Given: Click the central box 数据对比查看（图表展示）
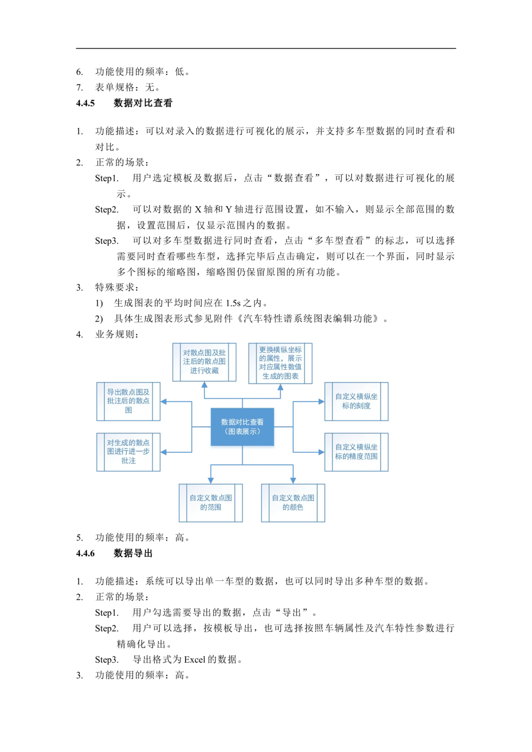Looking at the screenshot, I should click(x=243, y=427).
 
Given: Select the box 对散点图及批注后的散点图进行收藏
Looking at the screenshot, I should click(x=204, y=362).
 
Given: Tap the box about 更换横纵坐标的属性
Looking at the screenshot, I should click(x=280, y=363).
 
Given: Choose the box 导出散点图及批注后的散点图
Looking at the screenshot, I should click(x=128, y=401).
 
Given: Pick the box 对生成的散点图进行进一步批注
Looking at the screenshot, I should click(x=128, y=452).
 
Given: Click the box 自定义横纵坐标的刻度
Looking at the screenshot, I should click(x=356, y=401).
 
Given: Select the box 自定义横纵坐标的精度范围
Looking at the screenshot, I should click(x=356, y=452).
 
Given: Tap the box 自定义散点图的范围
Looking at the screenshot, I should click(x=211, y=502).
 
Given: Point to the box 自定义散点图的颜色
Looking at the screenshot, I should click(x=293, y=502).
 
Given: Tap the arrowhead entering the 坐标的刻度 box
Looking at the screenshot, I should click(x=320, y=402).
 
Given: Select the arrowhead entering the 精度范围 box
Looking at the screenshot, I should click(x=320, y=452).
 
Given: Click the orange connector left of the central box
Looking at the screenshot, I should click(x=201, y=427).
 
